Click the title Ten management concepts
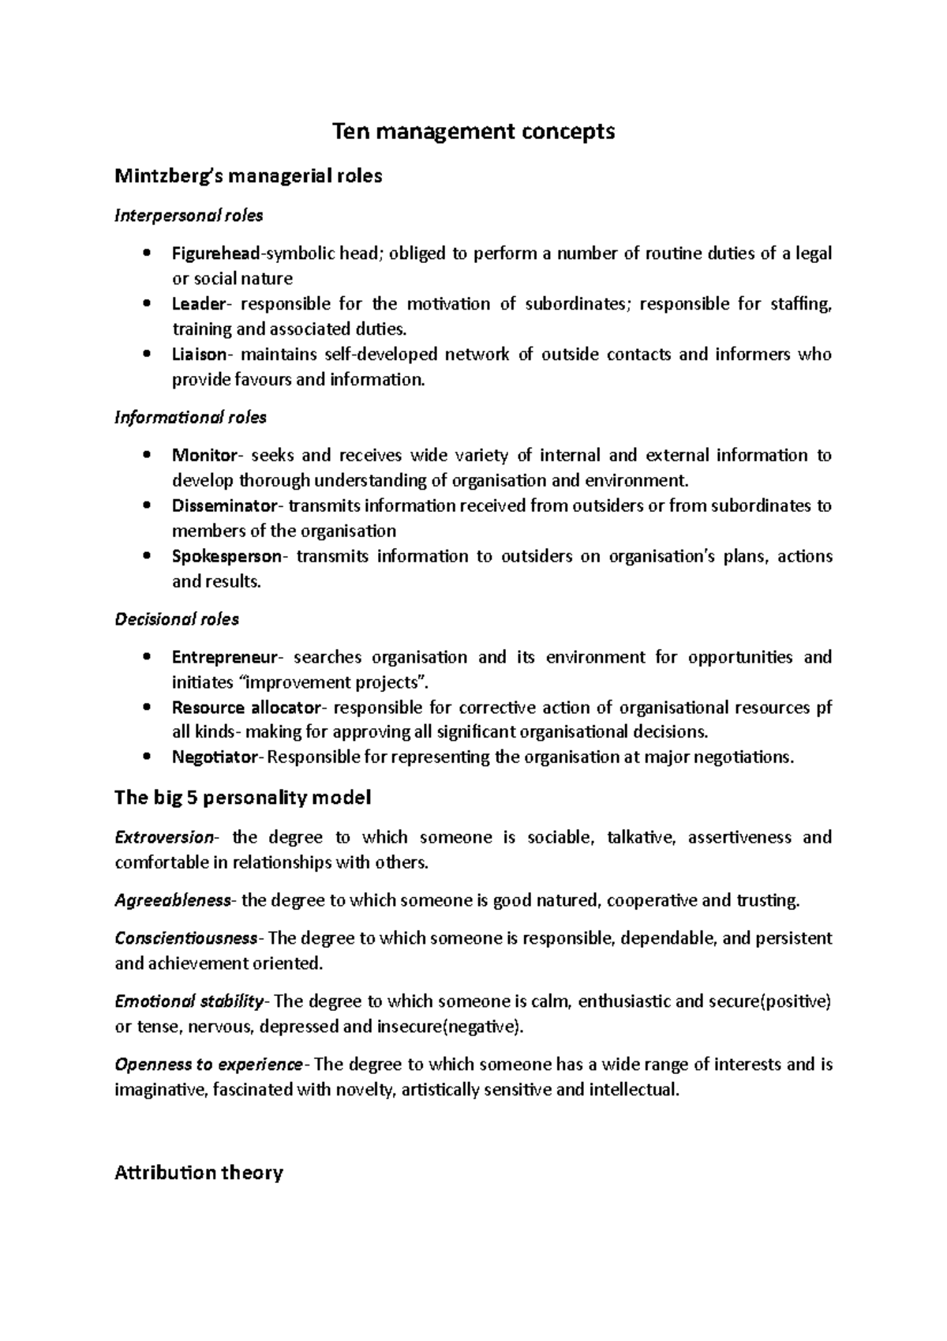click(x=473, y=132)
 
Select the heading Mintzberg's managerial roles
click(x=248, y=176)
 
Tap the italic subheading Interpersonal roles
click(x=189, y=216)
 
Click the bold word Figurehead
click(x=215, y=254)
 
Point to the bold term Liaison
click(x=199, y=355)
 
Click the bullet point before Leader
click(x=146, y=305)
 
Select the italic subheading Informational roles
click(x=190, y=417)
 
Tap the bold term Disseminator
click(x=225, y=506)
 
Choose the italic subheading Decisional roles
click(x=177, y=620)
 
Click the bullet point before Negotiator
click(x=146, y=758)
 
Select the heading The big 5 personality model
click(x=242, y=798)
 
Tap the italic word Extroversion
click(x=164, y=838)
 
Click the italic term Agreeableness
click(x=173, y=901)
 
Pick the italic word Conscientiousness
click(x=186, y=939)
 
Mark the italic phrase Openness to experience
click(x=208, y=1065)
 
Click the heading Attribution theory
click(x=198, y=1174)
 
